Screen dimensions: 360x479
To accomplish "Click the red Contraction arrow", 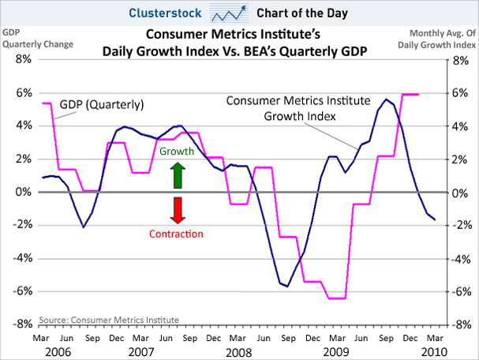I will (x=178, y=210).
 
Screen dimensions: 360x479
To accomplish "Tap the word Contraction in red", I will (x=176, y=234).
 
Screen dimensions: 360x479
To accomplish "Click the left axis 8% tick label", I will (x=21, y=59).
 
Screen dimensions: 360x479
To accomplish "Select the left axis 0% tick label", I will (x=21, y=192).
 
